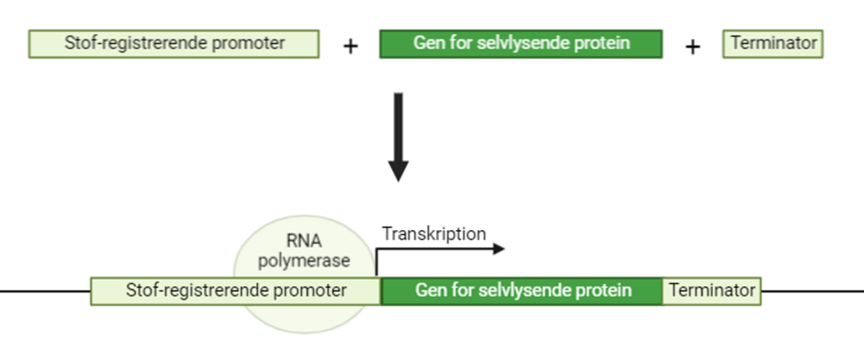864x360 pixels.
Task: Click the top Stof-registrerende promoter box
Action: [174, 44]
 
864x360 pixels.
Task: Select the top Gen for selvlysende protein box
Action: [521, 44]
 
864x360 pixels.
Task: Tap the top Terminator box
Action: [773, 44]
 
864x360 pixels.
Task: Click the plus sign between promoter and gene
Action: [350, 47]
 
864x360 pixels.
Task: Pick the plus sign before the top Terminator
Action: [692, 47]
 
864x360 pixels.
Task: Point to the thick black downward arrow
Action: [398, 137]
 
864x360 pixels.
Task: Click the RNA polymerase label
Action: [304, 251]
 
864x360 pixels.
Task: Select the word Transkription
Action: [434, 234]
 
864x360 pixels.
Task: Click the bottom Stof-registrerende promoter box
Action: [235, 291]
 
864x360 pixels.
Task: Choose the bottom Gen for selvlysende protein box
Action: [522, 291]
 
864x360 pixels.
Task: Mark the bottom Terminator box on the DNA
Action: [711, 291]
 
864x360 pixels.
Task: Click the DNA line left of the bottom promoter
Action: [45, 291]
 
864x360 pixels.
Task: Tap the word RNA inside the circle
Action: [304, 241]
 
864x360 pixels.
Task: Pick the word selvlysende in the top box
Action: [516, 43]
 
